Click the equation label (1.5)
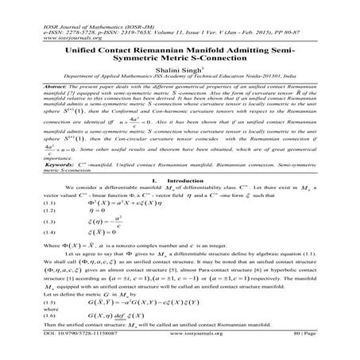click(x=33, y=303)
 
